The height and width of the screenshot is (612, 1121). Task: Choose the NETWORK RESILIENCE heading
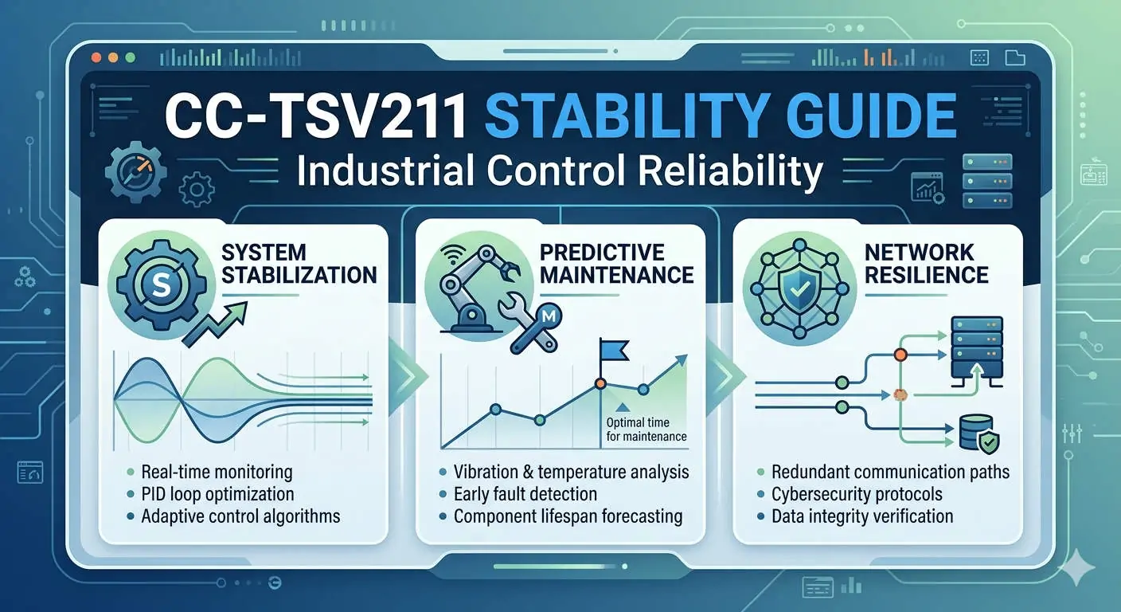925,264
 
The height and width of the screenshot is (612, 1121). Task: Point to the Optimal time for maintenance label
646,429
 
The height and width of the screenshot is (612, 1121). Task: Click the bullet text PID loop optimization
217,494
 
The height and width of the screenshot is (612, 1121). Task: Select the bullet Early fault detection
525,494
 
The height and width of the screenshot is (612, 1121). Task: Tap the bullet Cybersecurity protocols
857,494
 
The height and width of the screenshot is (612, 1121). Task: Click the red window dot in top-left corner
97,57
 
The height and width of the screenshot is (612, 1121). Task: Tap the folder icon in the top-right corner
1014,57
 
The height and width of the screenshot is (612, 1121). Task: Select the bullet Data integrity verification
862,516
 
